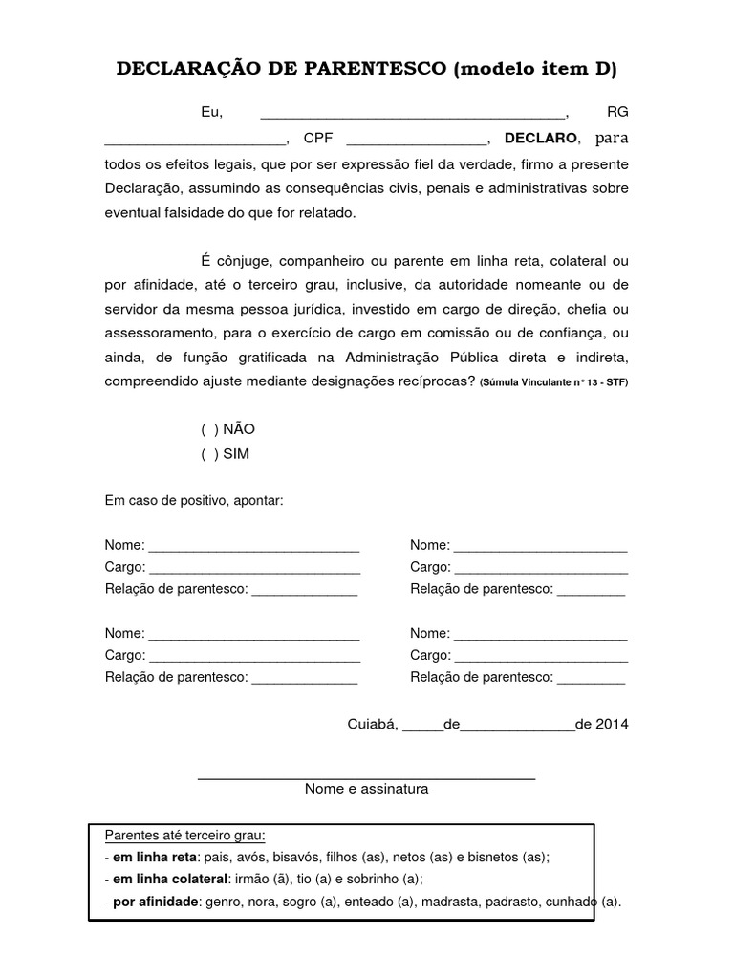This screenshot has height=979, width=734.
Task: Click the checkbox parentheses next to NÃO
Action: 209,430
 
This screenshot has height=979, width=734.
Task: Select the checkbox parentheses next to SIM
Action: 209,454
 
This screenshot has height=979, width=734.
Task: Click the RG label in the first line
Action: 617,113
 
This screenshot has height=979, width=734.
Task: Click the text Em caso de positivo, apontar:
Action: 194,501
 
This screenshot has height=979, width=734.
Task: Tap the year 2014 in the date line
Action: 612,724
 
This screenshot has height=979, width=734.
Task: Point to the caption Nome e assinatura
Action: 366,790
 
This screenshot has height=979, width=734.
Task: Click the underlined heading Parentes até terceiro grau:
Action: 184,835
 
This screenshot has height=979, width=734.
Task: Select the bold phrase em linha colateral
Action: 170,879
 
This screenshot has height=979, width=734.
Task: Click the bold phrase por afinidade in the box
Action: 155,901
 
